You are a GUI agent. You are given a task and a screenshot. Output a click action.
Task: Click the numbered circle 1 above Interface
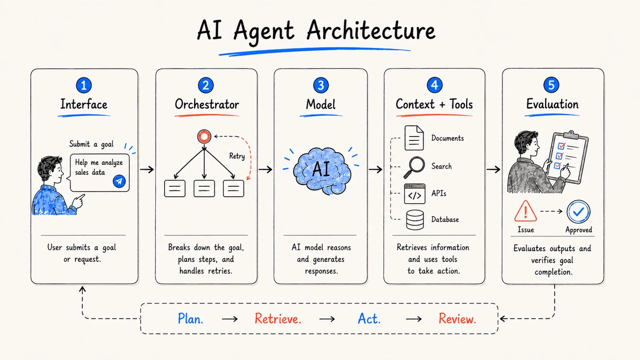tap(84, 85)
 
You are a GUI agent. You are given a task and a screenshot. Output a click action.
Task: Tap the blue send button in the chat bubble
tap(119, 181)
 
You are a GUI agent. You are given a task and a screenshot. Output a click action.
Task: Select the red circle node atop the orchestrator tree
tap(204, 137)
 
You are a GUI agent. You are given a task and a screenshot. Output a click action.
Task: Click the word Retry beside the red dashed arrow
tap(237, 156)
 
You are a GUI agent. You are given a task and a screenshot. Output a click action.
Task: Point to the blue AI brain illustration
tap(322, 171)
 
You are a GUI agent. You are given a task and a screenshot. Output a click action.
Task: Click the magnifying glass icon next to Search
tap(414, 167)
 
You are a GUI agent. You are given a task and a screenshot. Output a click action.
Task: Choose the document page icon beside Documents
tap(414, 138)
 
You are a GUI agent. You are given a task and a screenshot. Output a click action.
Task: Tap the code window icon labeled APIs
tap(414, 194)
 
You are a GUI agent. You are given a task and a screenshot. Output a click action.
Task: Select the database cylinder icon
tap(415, 220)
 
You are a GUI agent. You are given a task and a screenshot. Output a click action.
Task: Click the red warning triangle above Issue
tap(525, 211)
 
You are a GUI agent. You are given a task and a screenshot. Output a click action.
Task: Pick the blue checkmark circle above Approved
tap(579, 212)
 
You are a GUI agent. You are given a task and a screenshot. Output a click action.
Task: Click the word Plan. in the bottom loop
tap(190, 318)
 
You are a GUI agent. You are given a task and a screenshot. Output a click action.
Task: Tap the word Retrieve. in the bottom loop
tap(278, 318)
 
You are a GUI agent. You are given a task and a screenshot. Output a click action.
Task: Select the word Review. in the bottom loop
tap(458, 318)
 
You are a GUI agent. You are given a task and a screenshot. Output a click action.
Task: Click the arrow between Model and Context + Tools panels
tap(375, 170)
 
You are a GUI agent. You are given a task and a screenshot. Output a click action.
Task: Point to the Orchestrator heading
tap(207, 105)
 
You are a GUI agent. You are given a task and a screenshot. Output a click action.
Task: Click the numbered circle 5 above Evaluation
tap(551, 85)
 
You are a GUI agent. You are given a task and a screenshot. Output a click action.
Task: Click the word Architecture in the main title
tap(371, 30)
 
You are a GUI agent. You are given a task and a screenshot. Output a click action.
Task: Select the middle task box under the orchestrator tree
tap(204, 189)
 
